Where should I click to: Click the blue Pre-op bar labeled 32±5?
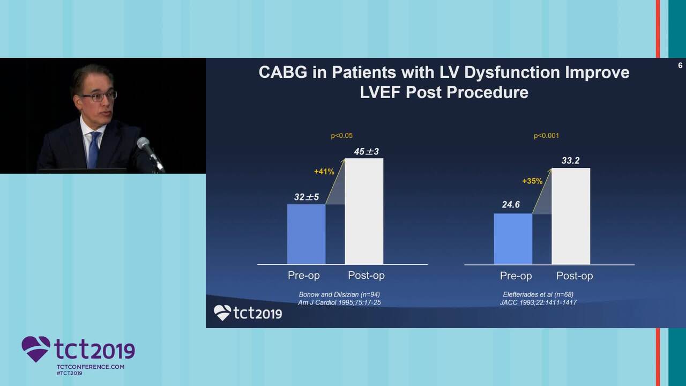pyautogui.click(x=306, y=234)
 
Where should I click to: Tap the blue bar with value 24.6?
pyautogui.click(x=513, y=239)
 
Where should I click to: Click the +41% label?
pyautogui.click(x=324, y=172)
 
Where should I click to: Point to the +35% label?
pyautogui.click(x=532, y=181)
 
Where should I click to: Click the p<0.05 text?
pyautogui.click(x=341, y=136)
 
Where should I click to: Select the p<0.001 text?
pyautogui.click(x=546, y=136)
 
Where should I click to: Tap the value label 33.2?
pyautogui.click(x=570, y=160)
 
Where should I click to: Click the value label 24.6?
pyautogui.click(x=511, y=204)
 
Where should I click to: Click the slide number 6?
pyautogui.click(x=680, y=66)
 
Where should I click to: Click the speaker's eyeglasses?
pyautogui.click(x=99, y=96)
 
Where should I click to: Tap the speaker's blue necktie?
pyautogui.click(x=94, y=150)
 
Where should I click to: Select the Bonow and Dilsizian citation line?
pyautogui.click(x=339, y=294)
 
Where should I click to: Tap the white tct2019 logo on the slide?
pyautogui.click(x=248, y=313)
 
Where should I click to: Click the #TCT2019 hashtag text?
pyautogui.click(x=69, y=373)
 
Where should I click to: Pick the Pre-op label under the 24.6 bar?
pyautogui.click(x=516, y=276)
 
